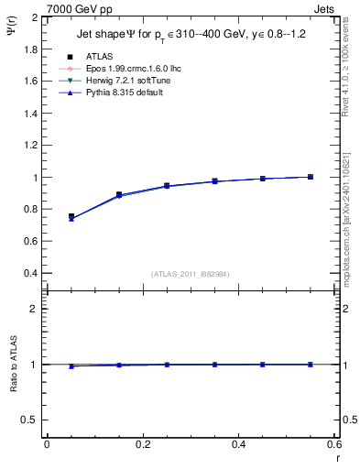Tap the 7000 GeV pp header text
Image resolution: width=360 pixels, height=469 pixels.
pos(79,9)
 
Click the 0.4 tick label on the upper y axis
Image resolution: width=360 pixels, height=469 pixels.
pos(31,274)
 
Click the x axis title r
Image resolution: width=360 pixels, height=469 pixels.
pos(335,457)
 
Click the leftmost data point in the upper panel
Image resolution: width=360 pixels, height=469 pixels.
pos(71,217)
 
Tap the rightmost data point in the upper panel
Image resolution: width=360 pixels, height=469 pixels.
pos(311,177)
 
